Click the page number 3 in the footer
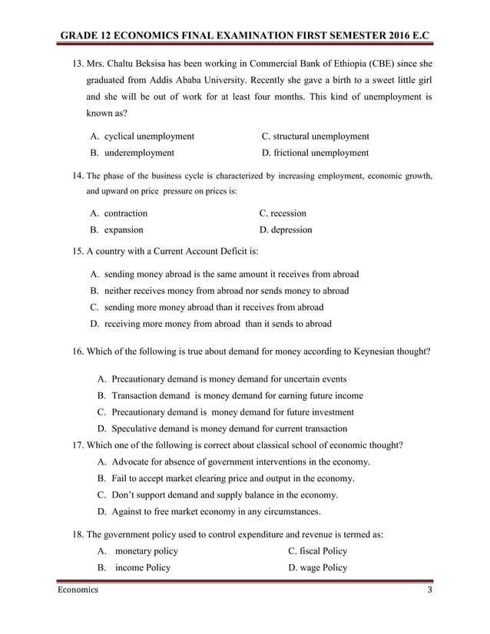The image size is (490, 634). tap(430, 589)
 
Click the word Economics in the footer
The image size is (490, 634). tap(78, 589)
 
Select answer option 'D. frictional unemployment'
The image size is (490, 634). tap(315, 153)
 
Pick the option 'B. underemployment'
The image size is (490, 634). tap(131, 153)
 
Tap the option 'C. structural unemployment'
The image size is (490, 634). tap(315, 136)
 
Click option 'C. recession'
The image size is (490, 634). tap(283, 213)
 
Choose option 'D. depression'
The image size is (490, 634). tap(286, 229)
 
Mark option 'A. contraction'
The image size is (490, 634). tap(118, 213)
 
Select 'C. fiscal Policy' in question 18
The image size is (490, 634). tap(317, 551)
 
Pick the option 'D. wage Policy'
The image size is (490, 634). tap(317, 568)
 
